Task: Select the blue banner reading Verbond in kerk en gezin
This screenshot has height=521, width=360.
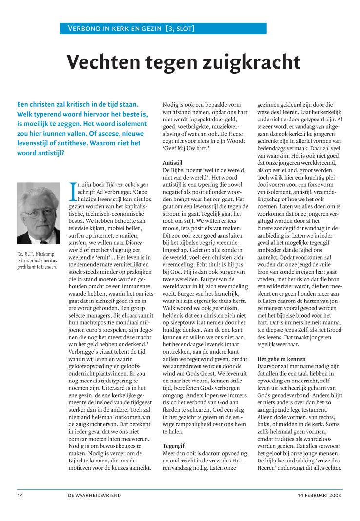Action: (163, 29)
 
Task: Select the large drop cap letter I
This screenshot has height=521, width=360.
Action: (74, 192)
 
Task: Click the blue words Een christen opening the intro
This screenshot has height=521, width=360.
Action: (39, 104)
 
